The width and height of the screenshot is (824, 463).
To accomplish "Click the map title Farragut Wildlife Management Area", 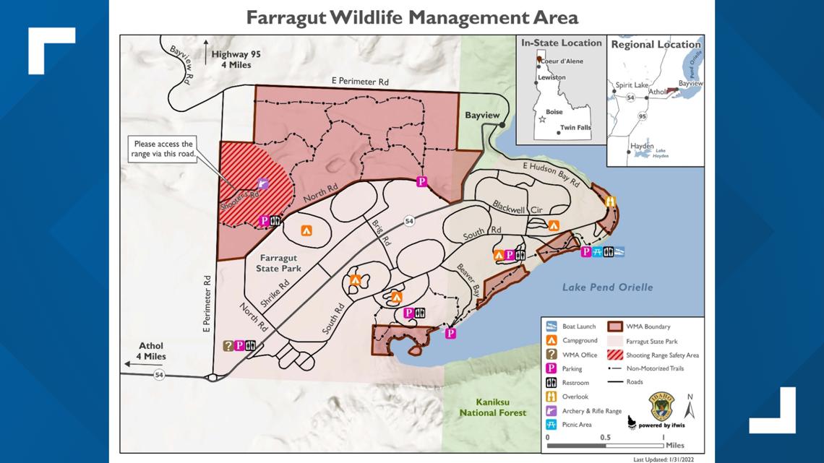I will click(x=412, y=17).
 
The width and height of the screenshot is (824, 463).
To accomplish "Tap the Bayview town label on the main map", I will click(x=482, y=115).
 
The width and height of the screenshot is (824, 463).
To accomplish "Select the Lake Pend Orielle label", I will click(x=607, y=287).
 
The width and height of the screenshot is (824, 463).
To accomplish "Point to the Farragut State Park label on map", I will click(x=278, y=263).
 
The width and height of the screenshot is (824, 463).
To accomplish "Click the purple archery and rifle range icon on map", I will click(x=263, y=184).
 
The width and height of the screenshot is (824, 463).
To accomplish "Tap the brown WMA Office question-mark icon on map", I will click(x=228, y=345).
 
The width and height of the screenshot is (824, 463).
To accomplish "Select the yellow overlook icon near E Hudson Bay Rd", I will click(x=611, y=202).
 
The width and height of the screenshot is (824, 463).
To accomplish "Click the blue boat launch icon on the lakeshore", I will click(x=619, y=251).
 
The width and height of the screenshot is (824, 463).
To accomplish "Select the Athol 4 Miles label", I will click(x=150, y=351).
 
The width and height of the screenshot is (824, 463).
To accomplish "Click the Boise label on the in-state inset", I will click(x=554, y=112).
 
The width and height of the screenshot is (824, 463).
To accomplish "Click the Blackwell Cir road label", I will click(x=516, y=207).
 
